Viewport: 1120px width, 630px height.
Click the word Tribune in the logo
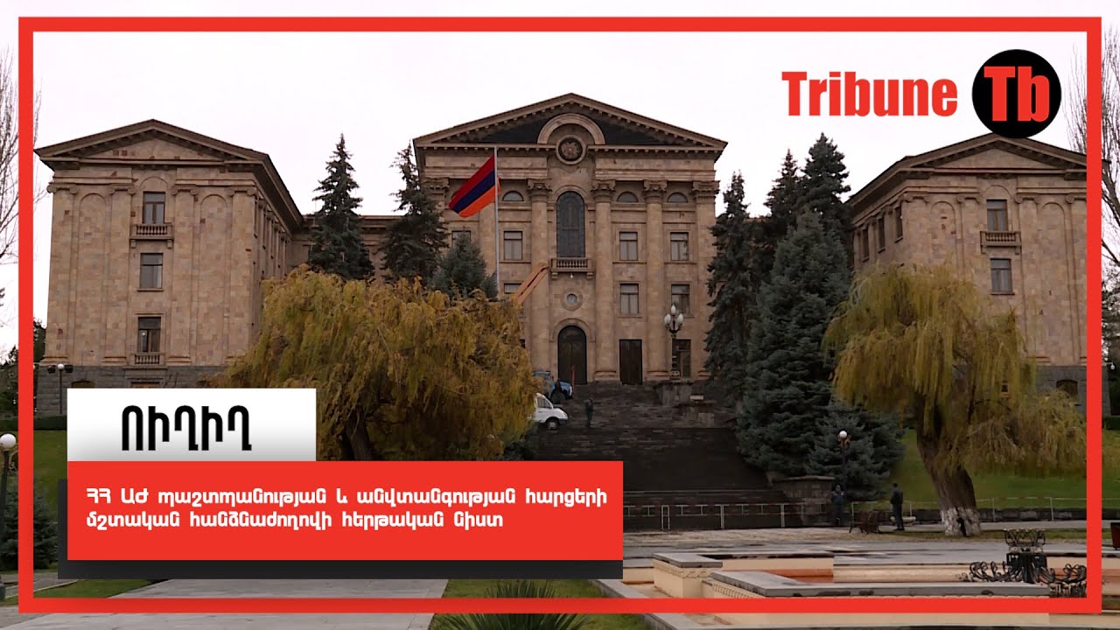[x=869, y=94]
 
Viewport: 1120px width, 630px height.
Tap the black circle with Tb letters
[x=1016, y=94]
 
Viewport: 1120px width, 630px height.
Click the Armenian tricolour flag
[x=473, y=187]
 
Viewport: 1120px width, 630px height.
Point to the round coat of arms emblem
[x=570, y=150]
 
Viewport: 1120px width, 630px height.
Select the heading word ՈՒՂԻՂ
[x=186, y=428]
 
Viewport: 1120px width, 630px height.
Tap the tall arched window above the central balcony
[x=570, y=225]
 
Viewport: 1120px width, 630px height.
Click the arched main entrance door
[x=572, y=355]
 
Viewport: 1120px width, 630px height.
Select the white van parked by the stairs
[x=549, y=412]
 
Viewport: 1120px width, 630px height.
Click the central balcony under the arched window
[x=571, y=264]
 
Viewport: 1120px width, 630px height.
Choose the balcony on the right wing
[x=1000, y=238]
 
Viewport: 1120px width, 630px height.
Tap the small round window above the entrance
[x=571, y=299]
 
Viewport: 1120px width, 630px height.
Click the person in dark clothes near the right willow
[x=897, y=506]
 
